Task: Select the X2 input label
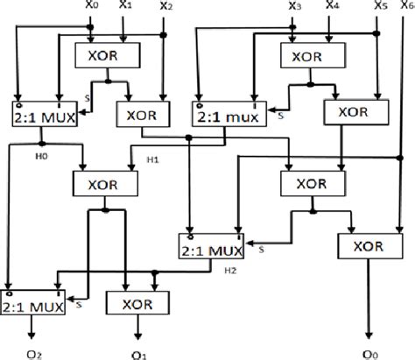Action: (x=165, y=8)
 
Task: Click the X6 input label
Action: (x=405, y=8)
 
